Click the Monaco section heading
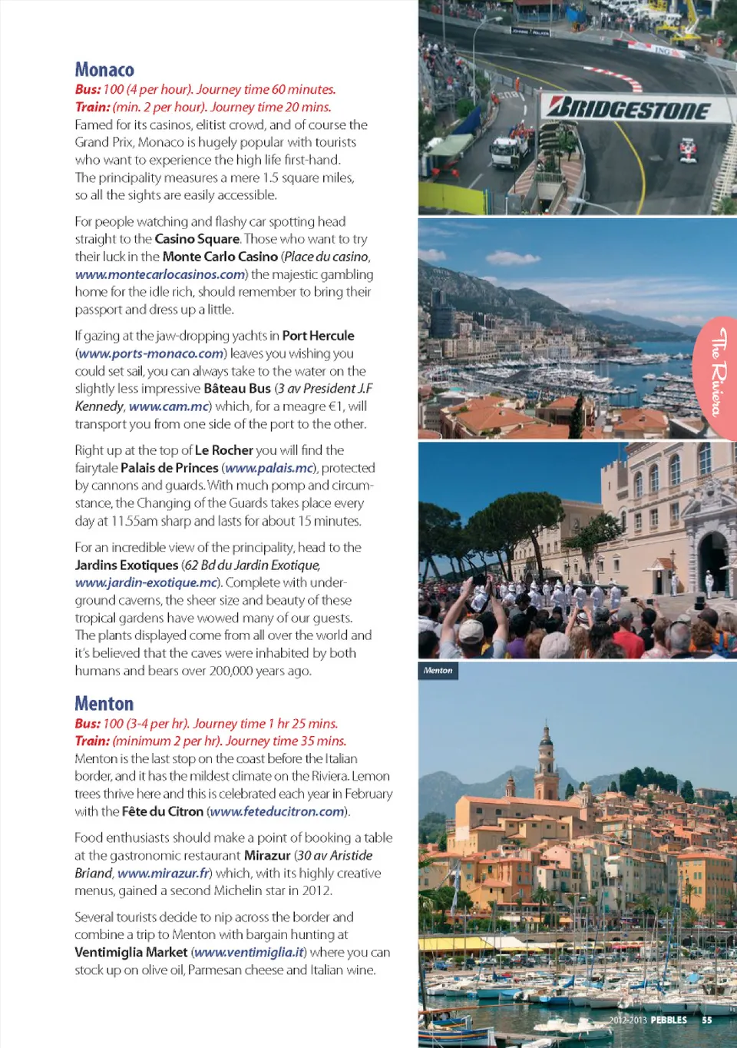(x=104, y=70)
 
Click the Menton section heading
(x=104, y=704)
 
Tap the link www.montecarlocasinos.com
(x=160, y=274)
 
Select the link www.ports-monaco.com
(x=151, y=353)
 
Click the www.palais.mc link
(x=269, y=468)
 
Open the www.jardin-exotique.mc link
(x=146, y=582)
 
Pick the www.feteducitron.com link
(x=277, y=811)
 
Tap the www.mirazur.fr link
(x=164, y=873)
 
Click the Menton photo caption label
(x=438, y=671)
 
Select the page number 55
(x=706, y=1020)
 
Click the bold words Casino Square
(x=197, y=239)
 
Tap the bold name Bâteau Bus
(x=237, y=389)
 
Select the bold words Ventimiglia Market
(x=131, y=952)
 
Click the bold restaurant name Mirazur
(x=267, y=855)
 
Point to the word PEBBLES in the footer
(x=669, y=1020)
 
